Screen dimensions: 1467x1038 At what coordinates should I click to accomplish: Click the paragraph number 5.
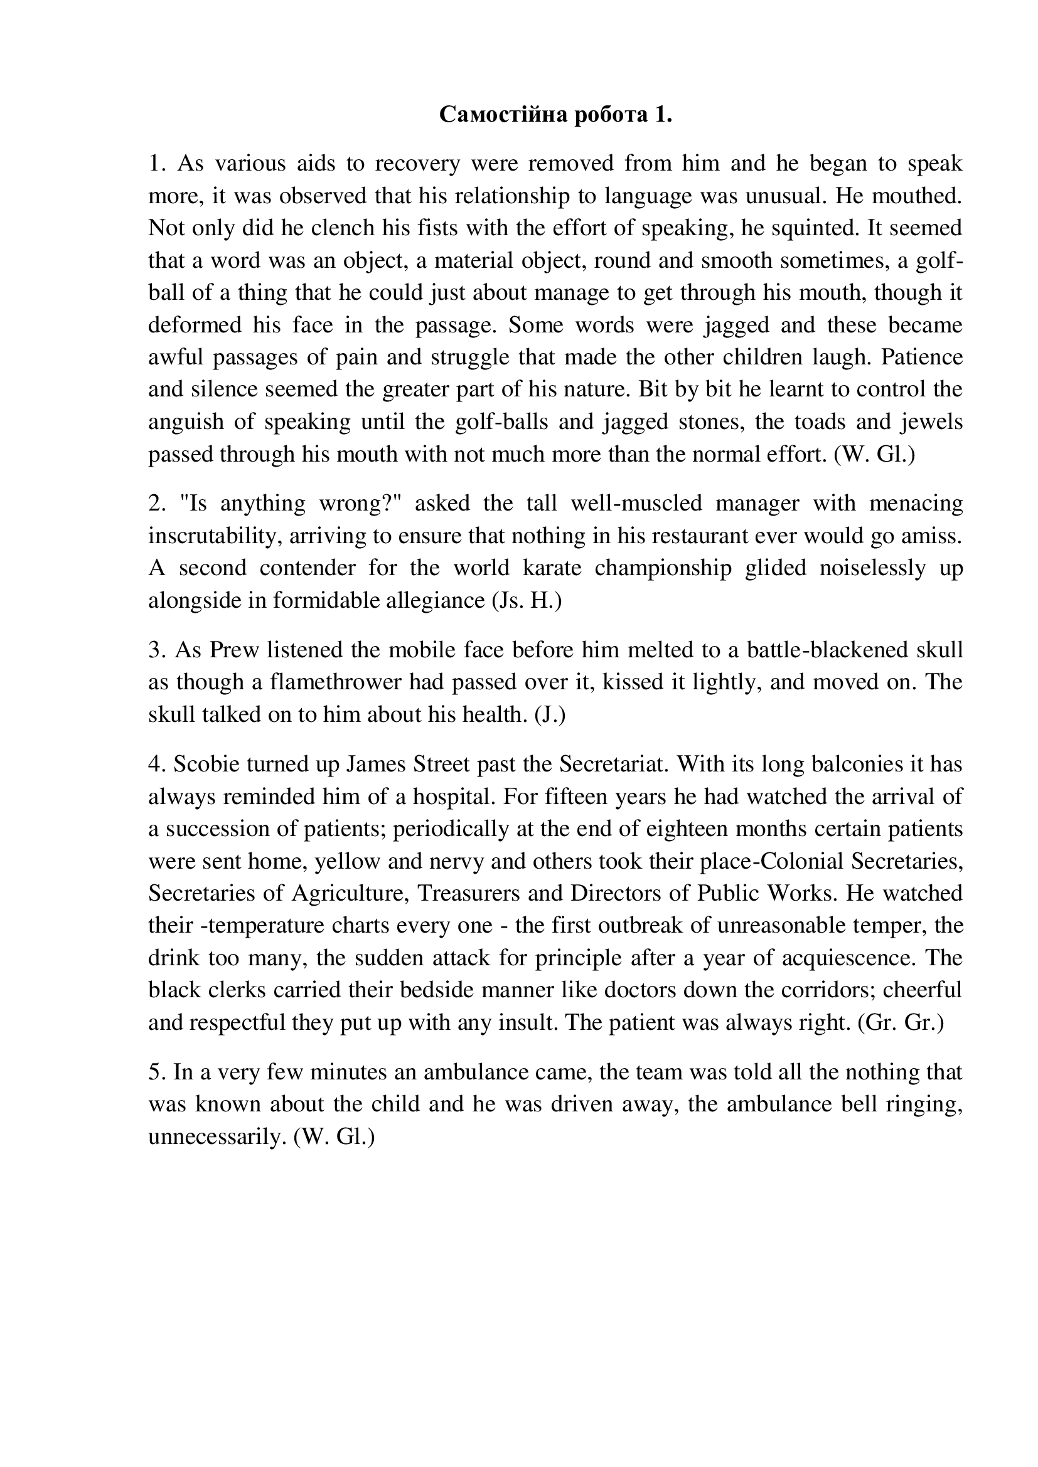157,1072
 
